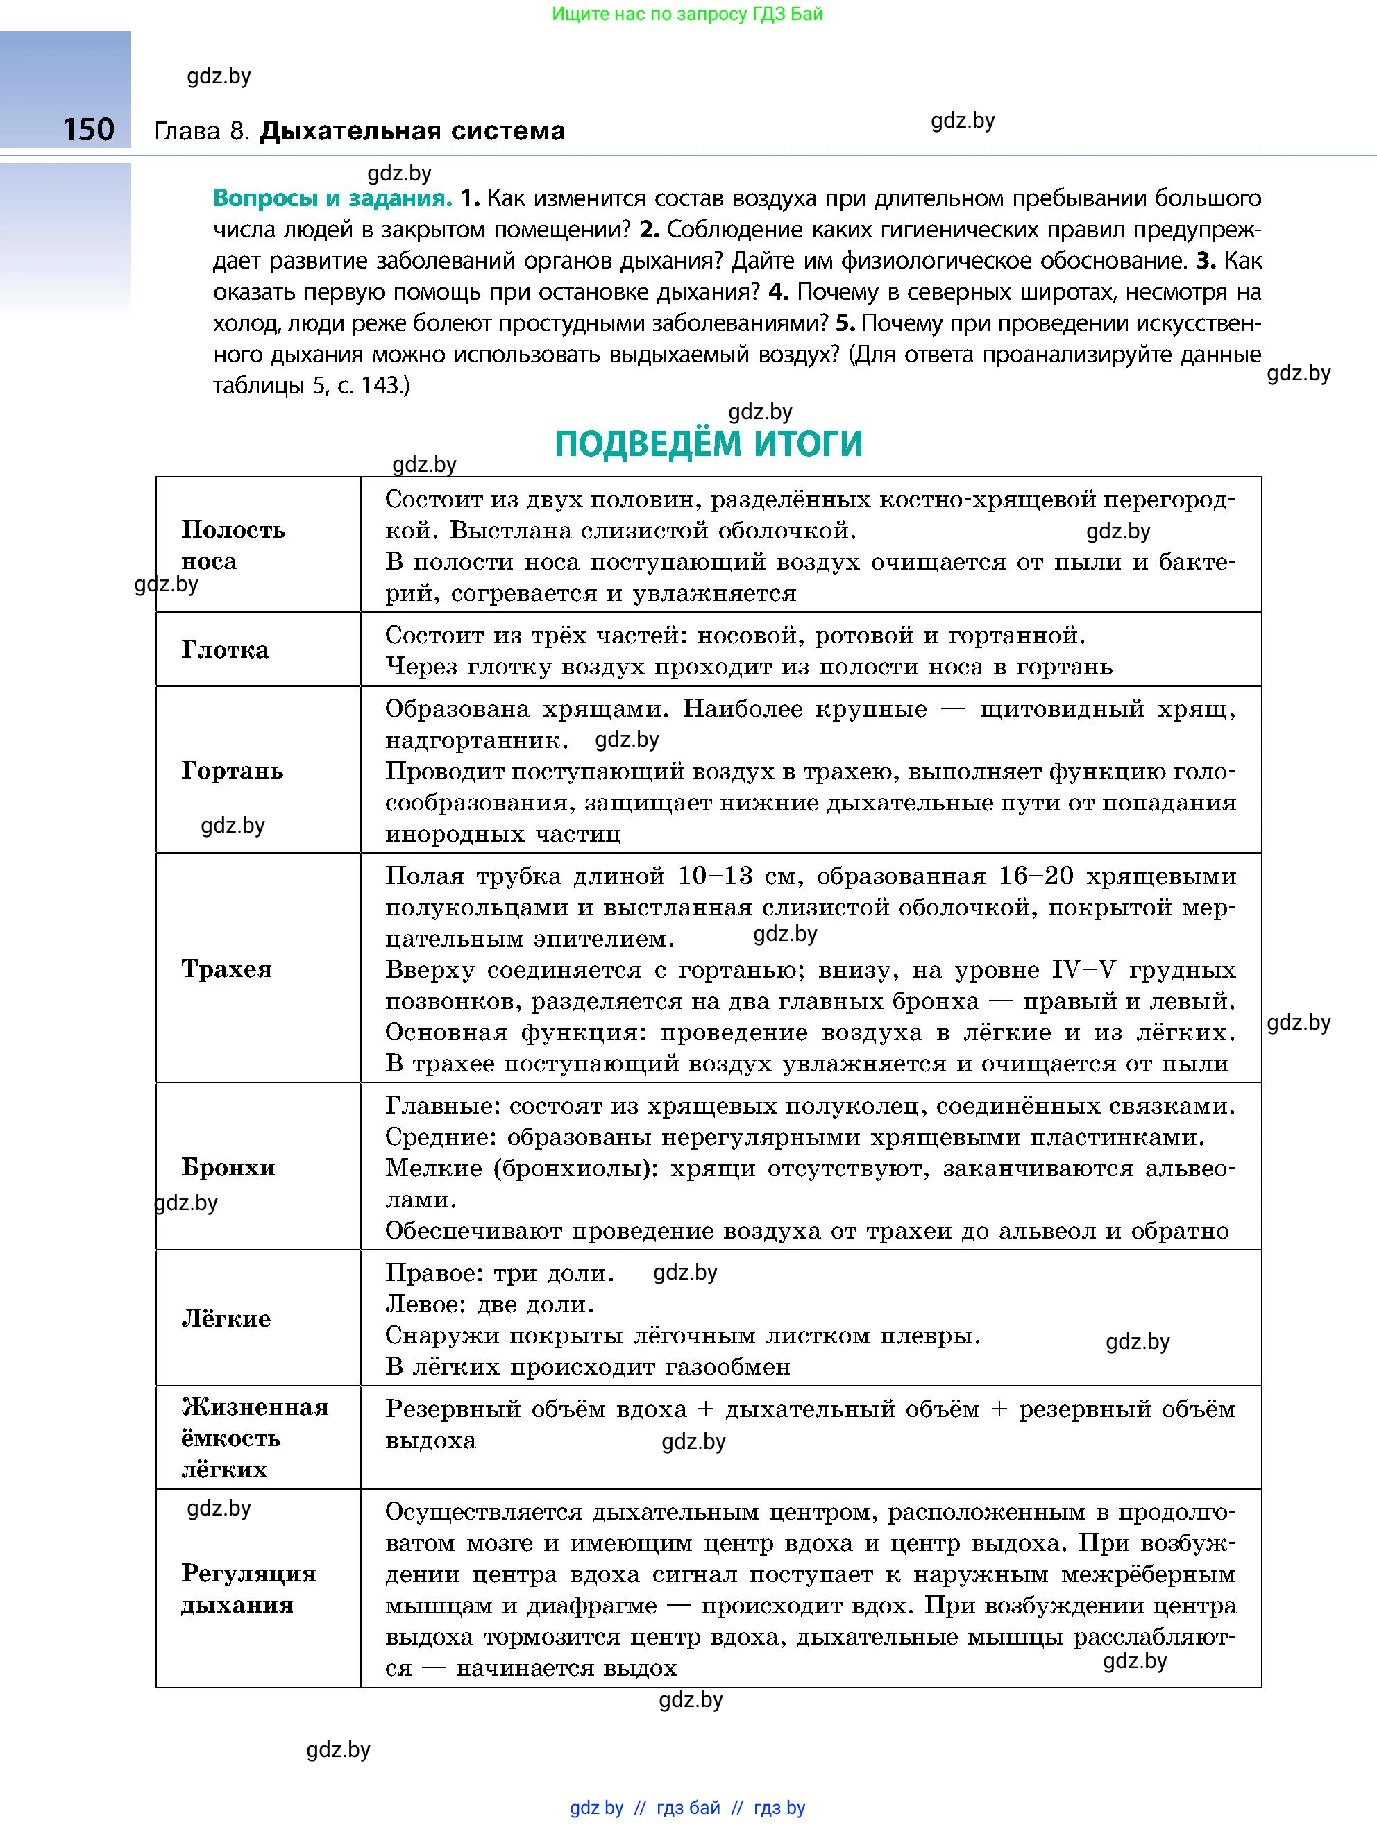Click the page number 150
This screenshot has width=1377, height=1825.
tap(88, 130)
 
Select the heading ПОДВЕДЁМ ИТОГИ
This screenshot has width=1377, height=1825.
tap(708, 444)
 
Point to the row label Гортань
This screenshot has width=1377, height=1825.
tap(232, 770)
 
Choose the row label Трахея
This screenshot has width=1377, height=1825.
tap(227, 969)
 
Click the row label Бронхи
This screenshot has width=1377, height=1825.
tap(228, 1167)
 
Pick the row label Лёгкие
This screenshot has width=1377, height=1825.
tap(226, 1318)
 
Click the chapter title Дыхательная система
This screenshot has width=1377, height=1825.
tap(412, 131)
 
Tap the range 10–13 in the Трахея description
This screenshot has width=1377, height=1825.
tap(716, 876)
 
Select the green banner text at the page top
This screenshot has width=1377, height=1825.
tap(687, 14)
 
